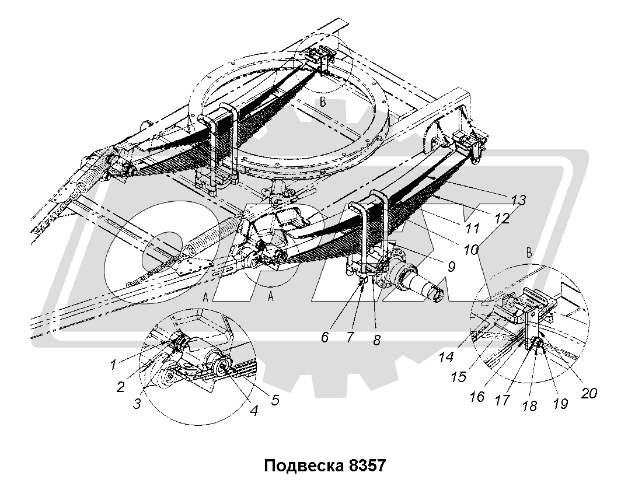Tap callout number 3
(137, 402)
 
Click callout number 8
(376, 340)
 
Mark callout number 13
(517, 200)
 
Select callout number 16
(476, 397)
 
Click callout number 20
(588, 394)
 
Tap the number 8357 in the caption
(365, 467)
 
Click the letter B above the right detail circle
(529, 253)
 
